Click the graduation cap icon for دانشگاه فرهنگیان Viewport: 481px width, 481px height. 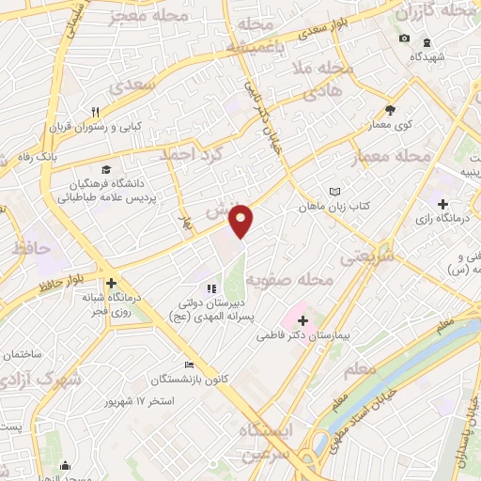[106, 169]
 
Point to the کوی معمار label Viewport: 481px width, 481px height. [393, 124]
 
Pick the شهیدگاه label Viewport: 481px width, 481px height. [427, 55]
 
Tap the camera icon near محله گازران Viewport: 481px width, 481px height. [404, 39]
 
